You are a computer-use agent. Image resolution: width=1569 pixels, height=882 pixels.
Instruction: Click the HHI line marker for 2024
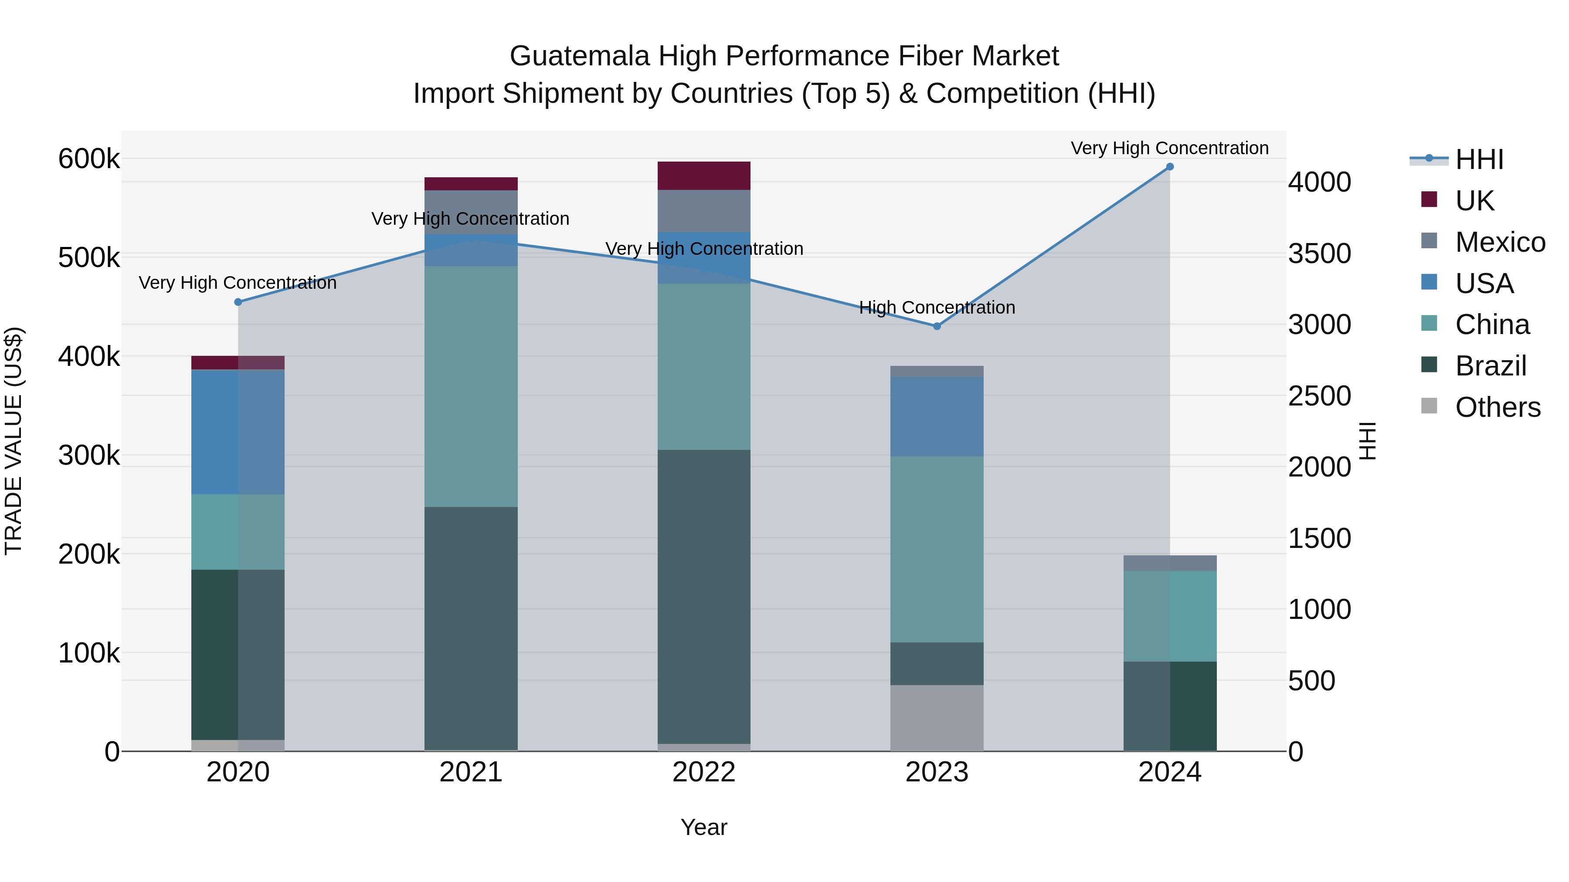pos(1169,167)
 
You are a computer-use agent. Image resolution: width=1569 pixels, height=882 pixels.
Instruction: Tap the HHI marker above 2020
pos(238,302)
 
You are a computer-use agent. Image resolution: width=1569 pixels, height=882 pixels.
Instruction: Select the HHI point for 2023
pos(937,326)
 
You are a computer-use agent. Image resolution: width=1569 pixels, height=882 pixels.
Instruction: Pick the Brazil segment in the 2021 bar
pos(471,627)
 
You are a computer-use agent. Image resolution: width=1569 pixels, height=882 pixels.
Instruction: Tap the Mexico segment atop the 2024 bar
pos(1169,563)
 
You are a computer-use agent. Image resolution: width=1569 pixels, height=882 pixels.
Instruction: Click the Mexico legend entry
pos(1500,242)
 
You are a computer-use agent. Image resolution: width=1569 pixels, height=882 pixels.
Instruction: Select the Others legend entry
pos(1497,407)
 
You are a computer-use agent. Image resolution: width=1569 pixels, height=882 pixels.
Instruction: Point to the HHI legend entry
pos(1479,159)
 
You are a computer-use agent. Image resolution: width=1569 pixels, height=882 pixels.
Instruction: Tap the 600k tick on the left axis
pos(89,159)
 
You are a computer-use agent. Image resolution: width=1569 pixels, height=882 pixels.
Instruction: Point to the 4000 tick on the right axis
pos(1319,182)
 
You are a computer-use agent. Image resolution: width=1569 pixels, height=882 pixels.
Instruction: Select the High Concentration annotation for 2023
pos(937,308)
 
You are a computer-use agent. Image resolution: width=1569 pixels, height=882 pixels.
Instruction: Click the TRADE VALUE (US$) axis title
pos(14,441)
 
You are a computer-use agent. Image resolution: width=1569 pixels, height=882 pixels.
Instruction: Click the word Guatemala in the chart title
pos(579,56)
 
